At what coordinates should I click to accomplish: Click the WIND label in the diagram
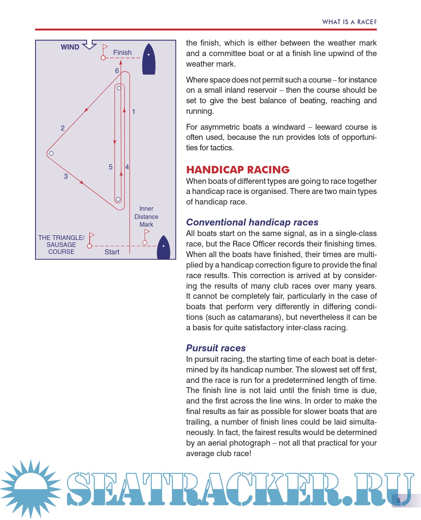coord(70,47)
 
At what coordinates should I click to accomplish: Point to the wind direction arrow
coord(90,44)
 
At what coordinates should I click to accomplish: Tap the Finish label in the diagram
coord(122,53)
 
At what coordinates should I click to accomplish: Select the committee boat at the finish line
coord(149,60)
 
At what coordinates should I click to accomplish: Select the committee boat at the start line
coord(163,248)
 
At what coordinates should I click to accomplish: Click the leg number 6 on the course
coord(117,71)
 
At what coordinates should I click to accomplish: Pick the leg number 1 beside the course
coord(133,112)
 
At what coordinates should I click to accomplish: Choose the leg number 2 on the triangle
coord(62,128)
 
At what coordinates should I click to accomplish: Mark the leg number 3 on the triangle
coord(66,176)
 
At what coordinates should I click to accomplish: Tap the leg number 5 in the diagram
coord(111,167)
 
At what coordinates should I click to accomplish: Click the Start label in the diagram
coord(112,252)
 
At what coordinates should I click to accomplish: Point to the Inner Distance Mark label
coord(146,217)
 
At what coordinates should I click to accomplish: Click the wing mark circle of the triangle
coord(51,153)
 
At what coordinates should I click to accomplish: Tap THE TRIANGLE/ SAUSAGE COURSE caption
coord(61,245)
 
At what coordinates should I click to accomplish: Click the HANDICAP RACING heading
coord(238,170)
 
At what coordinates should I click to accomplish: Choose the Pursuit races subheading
coord(216,348)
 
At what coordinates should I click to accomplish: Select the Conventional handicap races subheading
coord(252,222)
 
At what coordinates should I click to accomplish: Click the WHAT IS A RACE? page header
coord(349,22)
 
